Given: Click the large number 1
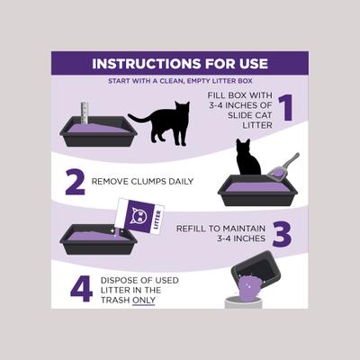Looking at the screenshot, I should click(286, 107).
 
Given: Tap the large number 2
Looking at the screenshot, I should click(75, 182).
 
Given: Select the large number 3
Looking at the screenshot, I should click(281, 234).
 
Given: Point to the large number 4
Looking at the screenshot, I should click(80, 288).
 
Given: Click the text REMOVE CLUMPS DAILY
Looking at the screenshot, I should click(141, 181).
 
